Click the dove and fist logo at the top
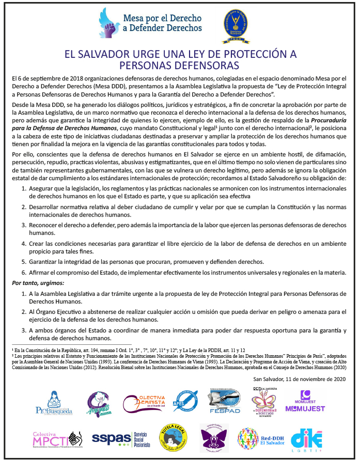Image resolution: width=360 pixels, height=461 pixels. (x=109, y=23)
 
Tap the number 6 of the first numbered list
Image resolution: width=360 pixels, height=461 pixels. (x=24, y=273)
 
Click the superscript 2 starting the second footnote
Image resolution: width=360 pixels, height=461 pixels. (x=12, y=355)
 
